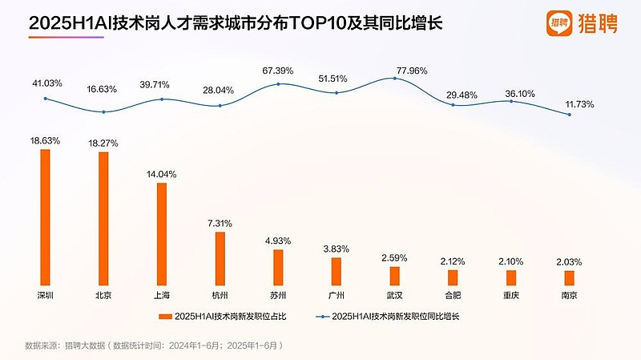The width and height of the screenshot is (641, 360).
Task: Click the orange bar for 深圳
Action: pos(45,217)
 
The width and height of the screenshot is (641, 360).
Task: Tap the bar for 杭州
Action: pos(220,259)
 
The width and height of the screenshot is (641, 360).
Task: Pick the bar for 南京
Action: pos(569,277)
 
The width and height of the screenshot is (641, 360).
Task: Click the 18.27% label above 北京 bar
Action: pos(103,144)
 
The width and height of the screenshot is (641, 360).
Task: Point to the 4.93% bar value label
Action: pos(278,241)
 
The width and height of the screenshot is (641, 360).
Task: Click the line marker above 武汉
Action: pos(394,79)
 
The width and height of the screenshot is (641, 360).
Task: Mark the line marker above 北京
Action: pos(103,111)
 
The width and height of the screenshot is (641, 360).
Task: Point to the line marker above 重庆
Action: pos(510,101)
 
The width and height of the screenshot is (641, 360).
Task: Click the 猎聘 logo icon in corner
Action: pos(562,23)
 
